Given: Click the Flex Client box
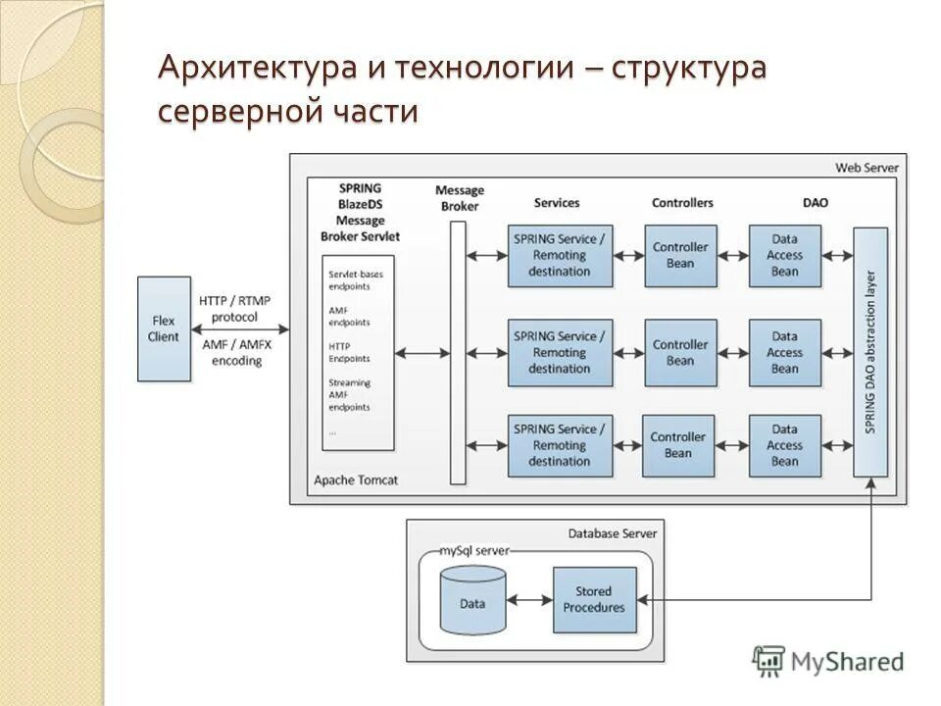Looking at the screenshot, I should (164, 328).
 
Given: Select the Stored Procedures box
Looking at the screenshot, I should (594, 599).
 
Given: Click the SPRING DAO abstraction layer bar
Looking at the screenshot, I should (870, 352).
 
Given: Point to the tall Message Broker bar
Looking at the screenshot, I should (458, 352).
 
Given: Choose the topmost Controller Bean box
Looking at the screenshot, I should (680, 255).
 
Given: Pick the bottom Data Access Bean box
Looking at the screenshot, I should (784, 445).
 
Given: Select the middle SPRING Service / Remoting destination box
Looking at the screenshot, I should (560, 352).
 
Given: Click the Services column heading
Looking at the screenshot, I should (557, 203).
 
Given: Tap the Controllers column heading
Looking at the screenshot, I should (682, 203).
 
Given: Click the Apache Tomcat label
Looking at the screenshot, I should (356, 480).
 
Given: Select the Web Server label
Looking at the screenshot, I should (867, 168).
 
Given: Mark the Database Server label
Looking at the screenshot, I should (613, 533).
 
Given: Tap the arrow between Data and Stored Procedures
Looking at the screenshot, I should (530, 599).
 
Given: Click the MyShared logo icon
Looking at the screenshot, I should (769, 661).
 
